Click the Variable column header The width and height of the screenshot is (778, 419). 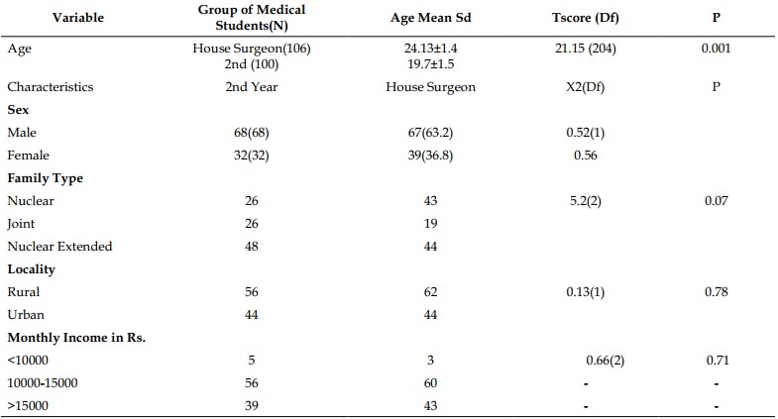pyautogui.click(x=78, y=18)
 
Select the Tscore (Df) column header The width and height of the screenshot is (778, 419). pyautogui.click(x=586, y=18)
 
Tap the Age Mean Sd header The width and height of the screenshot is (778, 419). pyautogui.click(x=431, y=18)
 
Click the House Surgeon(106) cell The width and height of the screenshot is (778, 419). pyautogui.click(x=252, y=49)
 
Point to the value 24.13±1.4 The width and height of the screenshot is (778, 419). pyautogui.click(x=431, y=49)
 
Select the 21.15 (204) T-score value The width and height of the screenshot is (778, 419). pyautogui.click(x=586, y=49)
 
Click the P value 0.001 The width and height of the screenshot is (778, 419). pyautogui.click(x=716, y=49)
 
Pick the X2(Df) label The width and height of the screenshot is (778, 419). pyautogui.click(x=586, y=87)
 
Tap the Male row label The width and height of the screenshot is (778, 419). pyautogui.click(x=22, y=133)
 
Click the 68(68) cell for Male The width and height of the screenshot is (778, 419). pyautogui.click(x=252, y=133)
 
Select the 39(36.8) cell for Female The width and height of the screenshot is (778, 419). pyautogui.click(x=431, y=156)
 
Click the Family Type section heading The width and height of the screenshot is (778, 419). pyautogui.click(x=46, y=178)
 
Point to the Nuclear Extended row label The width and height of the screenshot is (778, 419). pyautogui.click(x=60, y=247)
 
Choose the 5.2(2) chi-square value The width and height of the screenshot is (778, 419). pyautogui.click(x=586, y=201)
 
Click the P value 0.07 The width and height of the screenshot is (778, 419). pyautogui.click(x=717, y=201)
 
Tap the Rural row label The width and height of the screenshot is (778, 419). pyautogui.click(x=24, y=292)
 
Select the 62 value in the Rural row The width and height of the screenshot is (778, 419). pyautogui.click(x=431, y=292)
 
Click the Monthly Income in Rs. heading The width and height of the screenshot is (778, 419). pyautogui.click(x=76, y=338)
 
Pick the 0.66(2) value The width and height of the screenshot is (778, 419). pyautogui.click(x=606, y=361)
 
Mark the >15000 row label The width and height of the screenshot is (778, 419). pyautogui.click(x=28, y=406)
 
